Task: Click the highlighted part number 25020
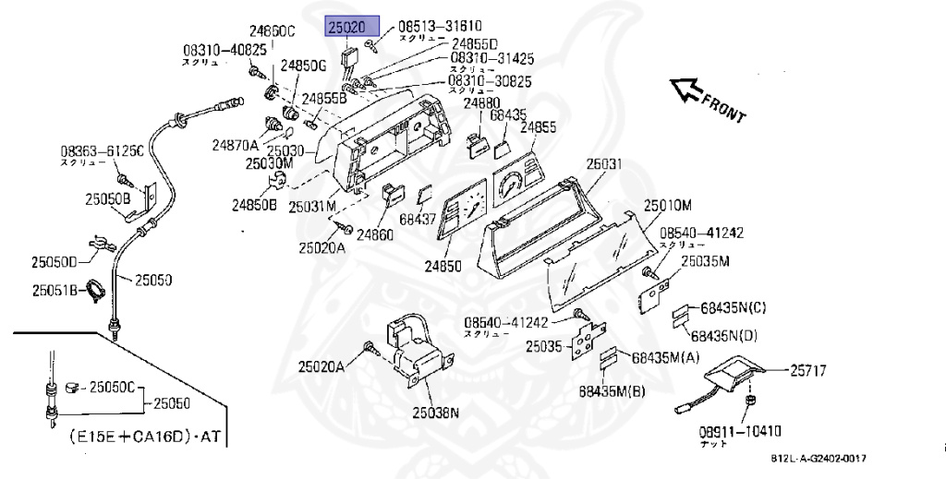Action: click(351, 28)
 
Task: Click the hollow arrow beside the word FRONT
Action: click(685, 89)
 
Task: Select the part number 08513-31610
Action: click(440, 28)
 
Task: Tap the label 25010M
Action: click(668, 205)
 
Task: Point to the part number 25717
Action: click(807, 371)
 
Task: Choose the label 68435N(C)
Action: click(733, 306)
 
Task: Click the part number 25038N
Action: click(435, 413)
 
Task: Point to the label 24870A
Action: click(235, 144)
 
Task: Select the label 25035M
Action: click(705, 261)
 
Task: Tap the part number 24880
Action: click(482, 103)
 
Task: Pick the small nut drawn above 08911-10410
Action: click(750, 401)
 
